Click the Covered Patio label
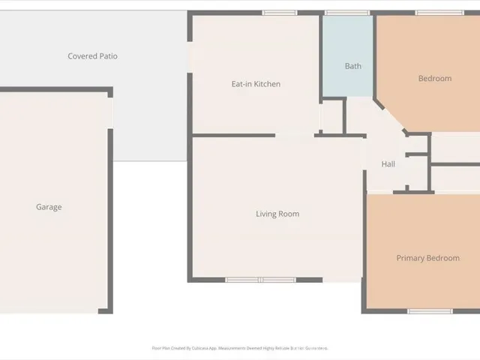92,56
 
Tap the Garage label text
49,207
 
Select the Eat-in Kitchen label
256,84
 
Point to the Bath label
352,66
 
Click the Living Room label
277,214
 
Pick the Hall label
388,164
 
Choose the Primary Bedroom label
427,258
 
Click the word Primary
410,258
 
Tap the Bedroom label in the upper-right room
435,78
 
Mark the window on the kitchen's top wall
280,13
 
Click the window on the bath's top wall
341,13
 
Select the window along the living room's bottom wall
260,280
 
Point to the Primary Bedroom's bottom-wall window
430,310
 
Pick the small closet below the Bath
331,116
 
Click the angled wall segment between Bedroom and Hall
389,115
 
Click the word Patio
108,56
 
